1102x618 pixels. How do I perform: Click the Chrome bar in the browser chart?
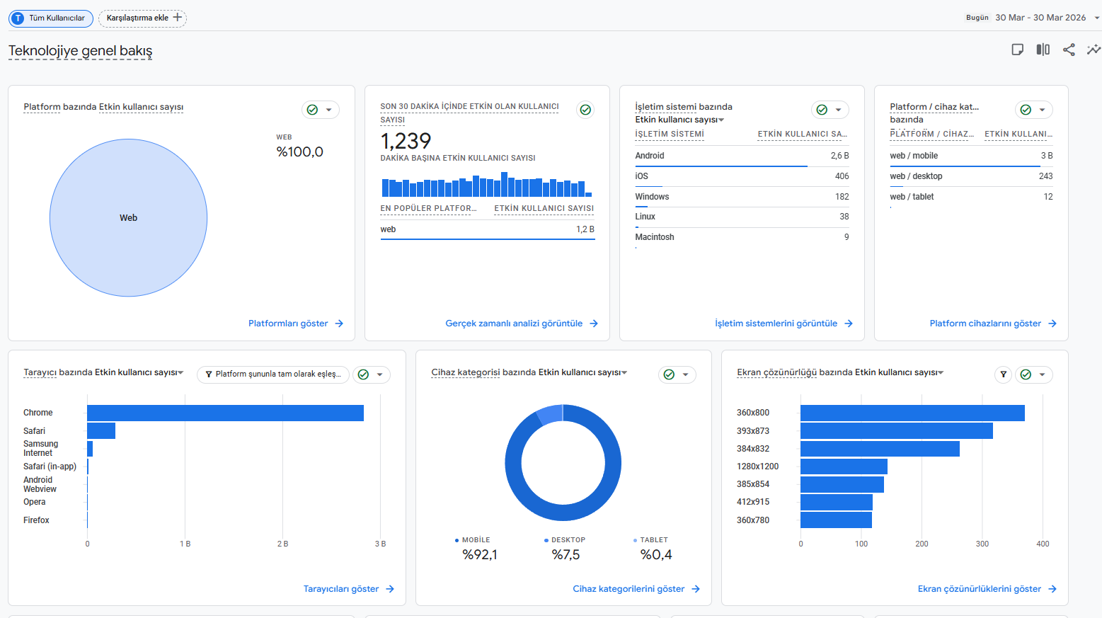coord(225,413)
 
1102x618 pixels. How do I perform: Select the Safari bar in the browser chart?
coord(101,430)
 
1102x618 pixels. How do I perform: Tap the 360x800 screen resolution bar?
coord(912,413)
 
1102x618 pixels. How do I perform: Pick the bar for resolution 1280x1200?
coord(844,467)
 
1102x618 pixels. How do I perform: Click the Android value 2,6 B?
coord(840,156)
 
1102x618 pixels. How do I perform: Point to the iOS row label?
coord(641,176)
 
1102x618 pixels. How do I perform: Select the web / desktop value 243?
coord(1045,176)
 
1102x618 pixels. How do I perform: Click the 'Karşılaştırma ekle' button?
coord(143,18)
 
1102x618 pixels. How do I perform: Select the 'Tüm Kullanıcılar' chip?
coord(51,18)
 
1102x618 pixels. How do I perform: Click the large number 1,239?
coord(406,141)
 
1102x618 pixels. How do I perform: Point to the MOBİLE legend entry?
coord(473,539)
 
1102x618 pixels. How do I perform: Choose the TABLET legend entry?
coord(650,539)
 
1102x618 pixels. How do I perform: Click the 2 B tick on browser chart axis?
coord(282,544)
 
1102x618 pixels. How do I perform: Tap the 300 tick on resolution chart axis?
coord(982,544)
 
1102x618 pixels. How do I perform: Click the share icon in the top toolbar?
coord(1069,50)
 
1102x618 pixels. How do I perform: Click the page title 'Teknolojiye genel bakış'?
coord(80,51)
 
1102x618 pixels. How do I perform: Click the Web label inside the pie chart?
coord(128,218)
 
